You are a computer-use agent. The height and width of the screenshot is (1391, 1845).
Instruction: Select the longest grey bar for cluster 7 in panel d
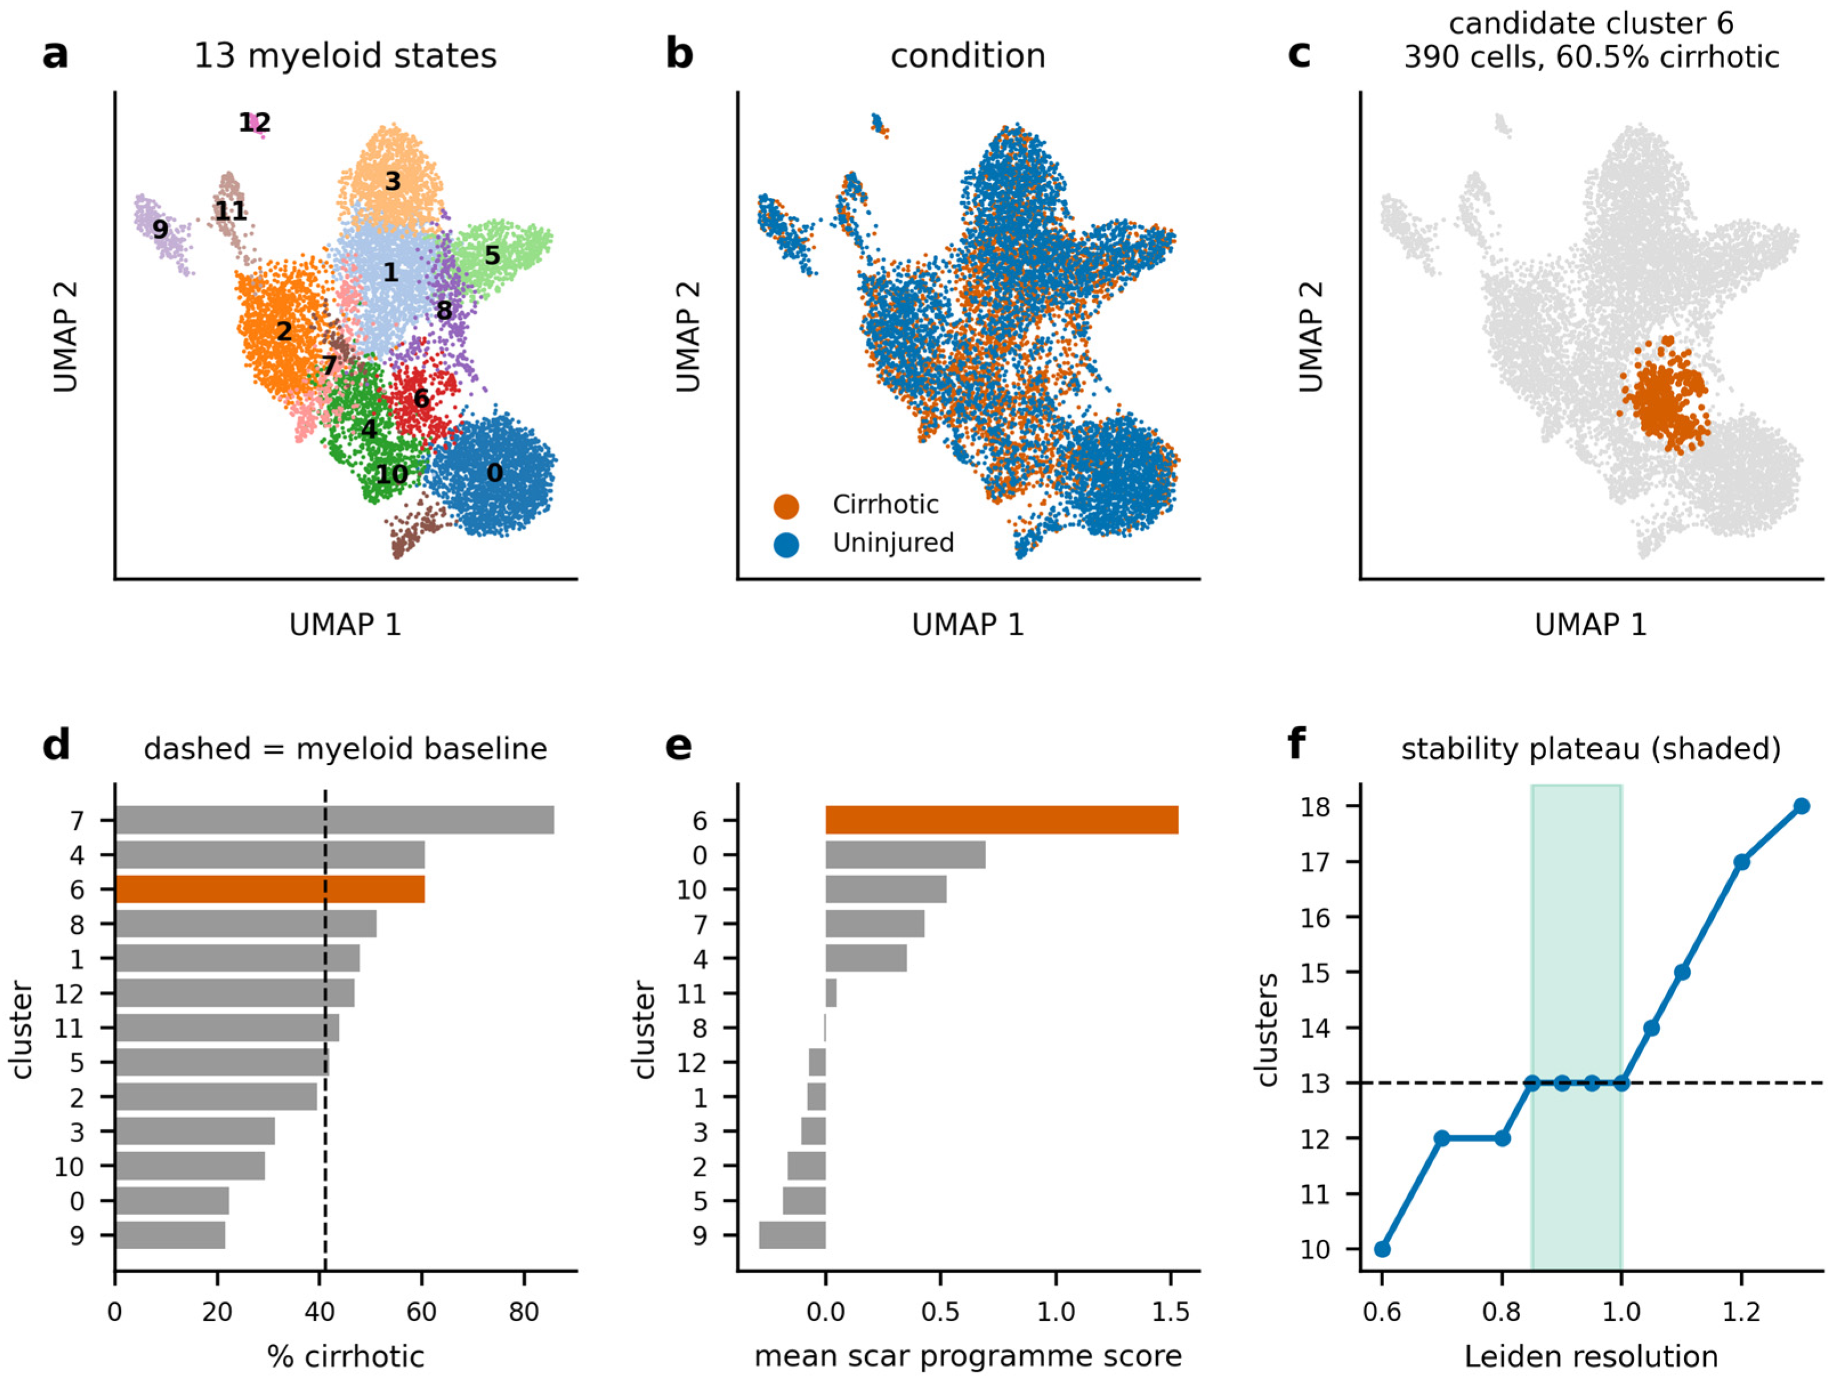(x=334, y=820)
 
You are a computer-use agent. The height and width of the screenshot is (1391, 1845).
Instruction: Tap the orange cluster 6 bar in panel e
(x=1001, y=820)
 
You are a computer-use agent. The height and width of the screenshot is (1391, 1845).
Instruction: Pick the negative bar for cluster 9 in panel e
(x=792, y=1235)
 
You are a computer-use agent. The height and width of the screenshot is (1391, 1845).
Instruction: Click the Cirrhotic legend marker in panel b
(x=786, y=505)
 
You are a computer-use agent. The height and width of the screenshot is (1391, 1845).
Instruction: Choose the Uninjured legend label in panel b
(x=893, y=543)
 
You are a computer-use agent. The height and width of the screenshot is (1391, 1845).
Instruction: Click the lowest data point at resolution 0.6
(x=1382, y=1249)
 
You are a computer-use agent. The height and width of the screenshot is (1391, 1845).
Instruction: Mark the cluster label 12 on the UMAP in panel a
(x=254, y=123)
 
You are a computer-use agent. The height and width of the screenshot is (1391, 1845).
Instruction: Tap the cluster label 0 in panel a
(x=494, y=473)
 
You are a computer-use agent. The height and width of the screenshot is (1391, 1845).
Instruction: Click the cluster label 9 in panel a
(x=160, y=229)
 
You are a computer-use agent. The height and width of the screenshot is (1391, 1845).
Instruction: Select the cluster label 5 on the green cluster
(x=492, y=255)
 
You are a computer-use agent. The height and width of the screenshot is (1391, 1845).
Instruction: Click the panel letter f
(x=1296, y=743)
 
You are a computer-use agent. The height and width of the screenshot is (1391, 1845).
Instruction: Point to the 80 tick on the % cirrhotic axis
(x=524, y=1312)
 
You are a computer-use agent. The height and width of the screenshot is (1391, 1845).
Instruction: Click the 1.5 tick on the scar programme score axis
(x=1171, y=1312)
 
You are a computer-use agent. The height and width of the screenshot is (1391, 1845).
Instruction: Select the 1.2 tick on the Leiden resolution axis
(x=1742, y=1312)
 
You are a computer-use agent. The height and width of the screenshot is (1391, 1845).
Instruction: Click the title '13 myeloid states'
(x=345, y=56)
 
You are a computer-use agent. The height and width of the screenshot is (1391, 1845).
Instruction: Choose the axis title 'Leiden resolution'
(x=1591, y=1357)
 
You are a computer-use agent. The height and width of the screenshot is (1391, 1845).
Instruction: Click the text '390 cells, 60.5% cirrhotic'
(x=1591, y=56)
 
